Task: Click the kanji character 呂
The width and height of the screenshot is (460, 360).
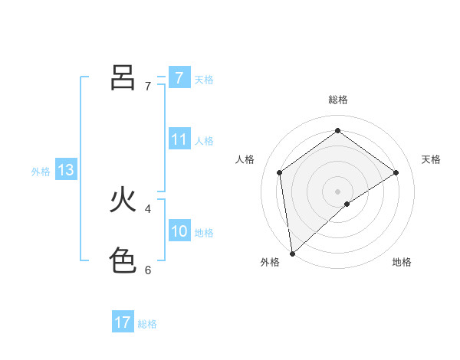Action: [x=123, y=78]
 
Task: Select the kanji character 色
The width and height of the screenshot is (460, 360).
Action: [x=123, y=261]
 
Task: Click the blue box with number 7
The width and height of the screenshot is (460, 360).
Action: [x=179, y=77]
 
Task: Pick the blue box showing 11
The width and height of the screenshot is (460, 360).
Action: [x=179, y=139]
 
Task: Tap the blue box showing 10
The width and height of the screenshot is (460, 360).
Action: [x=179, y=231]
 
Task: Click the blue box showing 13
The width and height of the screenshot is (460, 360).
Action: [x=66, y=170]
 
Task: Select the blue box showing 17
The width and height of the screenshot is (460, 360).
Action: [x=123, y=322]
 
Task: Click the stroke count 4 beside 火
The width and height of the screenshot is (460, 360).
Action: [x=147, y=208]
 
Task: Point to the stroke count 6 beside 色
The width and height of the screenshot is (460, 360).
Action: [x=147, y=270]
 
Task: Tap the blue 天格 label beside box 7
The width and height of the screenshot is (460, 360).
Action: [x=204, y=79]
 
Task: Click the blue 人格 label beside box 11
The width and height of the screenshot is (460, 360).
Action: [x=204, y=141]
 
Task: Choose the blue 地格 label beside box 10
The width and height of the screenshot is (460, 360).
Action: [x=204, y=233]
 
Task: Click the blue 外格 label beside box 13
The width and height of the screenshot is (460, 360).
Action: [x=41, y=172]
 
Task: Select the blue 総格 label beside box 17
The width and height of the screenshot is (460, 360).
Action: [x=147, y=324]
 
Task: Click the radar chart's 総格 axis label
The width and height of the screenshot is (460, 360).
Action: [x=338, y=100]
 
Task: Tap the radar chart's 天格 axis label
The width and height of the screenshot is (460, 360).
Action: [x=432, y=159]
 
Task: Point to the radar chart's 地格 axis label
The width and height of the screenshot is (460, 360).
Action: [x=402, y=262]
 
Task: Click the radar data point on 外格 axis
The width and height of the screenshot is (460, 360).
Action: [x=291, y=254]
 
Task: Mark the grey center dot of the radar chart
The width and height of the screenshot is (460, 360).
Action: [x=337, y=191]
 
